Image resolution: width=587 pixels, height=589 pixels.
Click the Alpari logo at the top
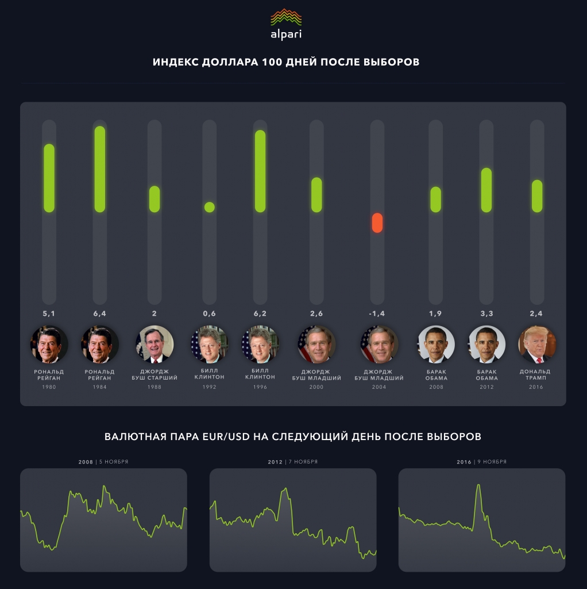(286, 24)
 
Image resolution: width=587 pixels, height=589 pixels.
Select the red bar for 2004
(377, 223)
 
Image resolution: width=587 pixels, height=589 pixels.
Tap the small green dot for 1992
(210, 207)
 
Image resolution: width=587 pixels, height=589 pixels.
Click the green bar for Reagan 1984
(100, 169)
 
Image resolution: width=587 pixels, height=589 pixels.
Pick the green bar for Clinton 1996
(260, 171)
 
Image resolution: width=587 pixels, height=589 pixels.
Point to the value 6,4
(100, 313)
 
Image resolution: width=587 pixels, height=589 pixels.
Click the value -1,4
(377, 313)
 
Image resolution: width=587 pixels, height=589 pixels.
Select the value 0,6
(209, 313)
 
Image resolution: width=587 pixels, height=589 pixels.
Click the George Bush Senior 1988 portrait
(155, 344)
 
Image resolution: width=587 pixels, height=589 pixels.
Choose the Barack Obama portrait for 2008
(436, 344)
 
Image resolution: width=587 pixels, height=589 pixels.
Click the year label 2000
(316, 387)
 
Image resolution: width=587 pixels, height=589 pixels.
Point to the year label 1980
(49, 387)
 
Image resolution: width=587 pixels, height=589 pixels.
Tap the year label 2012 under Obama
(486, 387)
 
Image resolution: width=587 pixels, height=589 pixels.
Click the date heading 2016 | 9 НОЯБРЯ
(481, 462)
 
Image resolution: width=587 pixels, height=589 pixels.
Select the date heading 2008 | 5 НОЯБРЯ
(103, 462)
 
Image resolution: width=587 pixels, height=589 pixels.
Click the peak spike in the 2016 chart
(478, 486)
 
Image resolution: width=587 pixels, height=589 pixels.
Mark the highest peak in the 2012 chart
(284, 490)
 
